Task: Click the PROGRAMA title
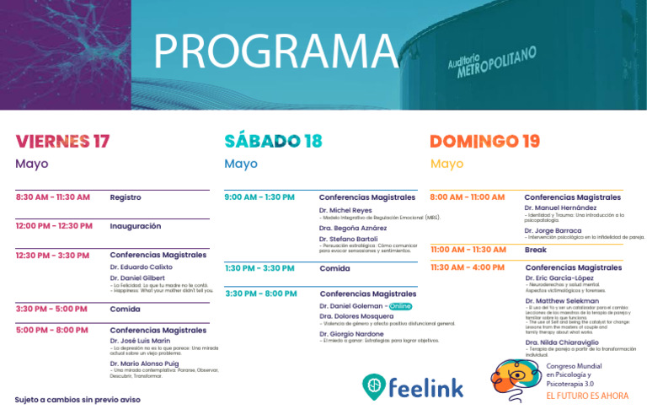pos(275,52)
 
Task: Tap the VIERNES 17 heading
pos(62,141)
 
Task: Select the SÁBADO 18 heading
pos(273,141)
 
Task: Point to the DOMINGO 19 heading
pos(484,141)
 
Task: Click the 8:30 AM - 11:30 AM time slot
pos(52,197)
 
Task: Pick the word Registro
pos(126,197)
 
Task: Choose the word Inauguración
pos(135,226)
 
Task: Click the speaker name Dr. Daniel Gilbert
pos(137,278)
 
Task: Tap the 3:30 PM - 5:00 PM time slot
pos(51,309)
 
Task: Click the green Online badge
pos(401,306)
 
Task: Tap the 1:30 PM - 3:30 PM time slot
pos(259,268)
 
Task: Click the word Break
pos(536,250)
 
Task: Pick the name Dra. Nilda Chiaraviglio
pos(563,342)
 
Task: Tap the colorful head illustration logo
pos(516,379)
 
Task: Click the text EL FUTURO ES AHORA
pos(587,395)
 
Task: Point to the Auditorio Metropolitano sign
pos(492,62)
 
